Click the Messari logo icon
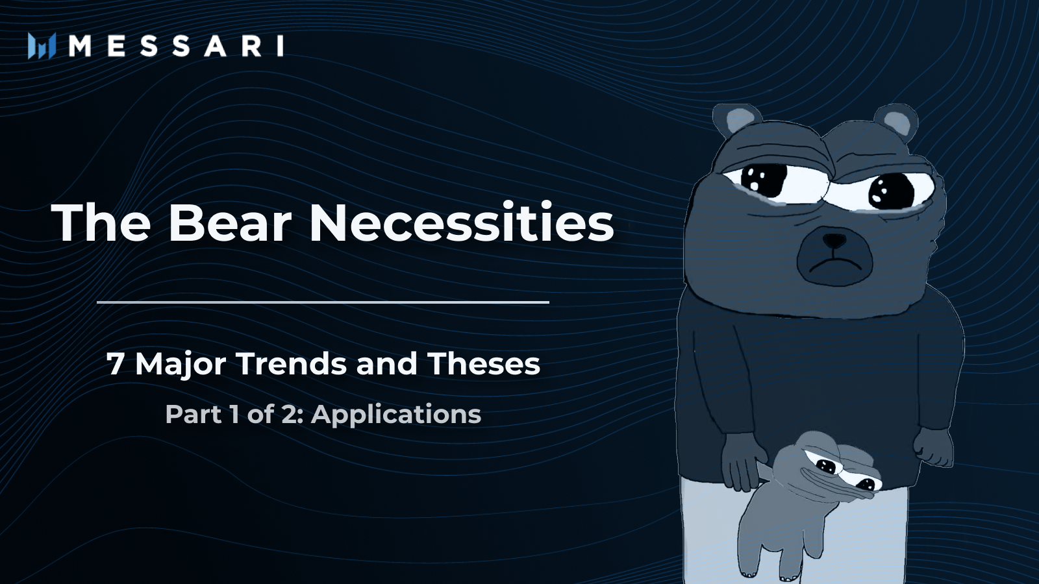pos(42,46)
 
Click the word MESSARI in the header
pos(176,46)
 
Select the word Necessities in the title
pos(461,223)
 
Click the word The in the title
pos(101,223)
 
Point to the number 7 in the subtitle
pos(115,364)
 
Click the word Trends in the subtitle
pos(292,363)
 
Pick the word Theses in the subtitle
pos(484,363)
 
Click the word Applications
pos(396,414)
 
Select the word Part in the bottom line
pos(193,414)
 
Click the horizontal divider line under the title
pos(323,302)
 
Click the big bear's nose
pos(834,241)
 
